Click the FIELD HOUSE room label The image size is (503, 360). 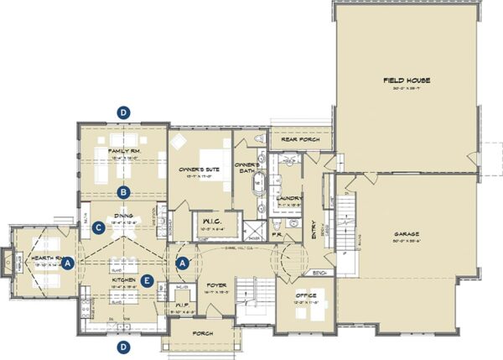click(407, 80)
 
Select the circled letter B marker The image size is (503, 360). click(124, 192)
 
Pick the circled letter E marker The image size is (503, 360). click(148, 280)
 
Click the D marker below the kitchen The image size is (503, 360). click(124, 346)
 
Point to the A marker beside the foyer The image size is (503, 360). click(183, 262)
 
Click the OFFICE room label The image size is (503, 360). click(306, 296)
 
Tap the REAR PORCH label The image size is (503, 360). click(297, 139)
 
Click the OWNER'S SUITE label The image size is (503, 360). click(200, 170)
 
